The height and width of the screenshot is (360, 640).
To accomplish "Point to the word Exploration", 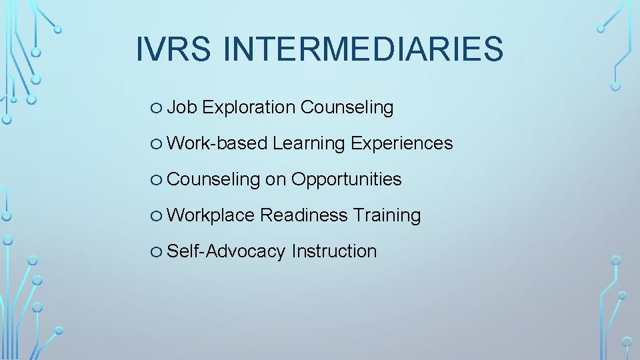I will coord(249,107).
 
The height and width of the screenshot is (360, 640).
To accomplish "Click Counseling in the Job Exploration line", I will coord(347,107).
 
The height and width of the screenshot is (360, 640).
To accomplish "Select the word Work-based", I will coord(217,143).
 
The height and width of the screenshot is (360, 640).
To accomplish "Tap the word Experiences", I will coord(401,143).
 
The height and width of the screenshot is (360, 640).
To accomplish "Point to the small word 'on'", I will coord(275,179).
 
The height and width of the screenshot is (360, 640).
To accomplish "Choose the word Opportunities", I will coord(347,179).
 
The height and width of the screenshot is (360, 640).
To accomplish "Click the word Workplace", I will coord(211,215).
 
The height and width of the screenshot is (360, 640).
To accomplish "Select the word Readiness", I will coord(304,215).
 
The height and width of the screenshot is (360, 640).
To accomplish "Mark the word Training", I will coord(387,215).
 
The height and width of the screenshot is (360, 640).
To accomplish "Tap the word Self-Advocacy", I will coord(226,251).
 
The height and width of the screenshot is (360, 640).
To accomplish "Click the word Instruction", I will coord(334,251).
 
